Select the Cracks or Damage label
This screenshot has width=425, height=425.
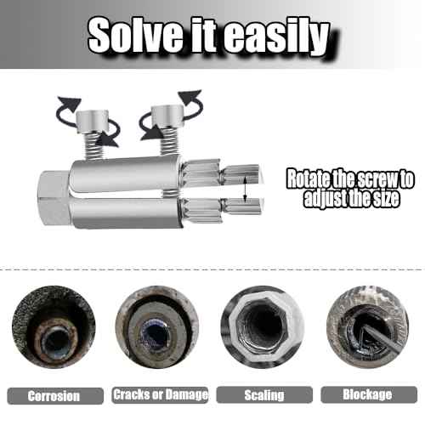tap(161, 394)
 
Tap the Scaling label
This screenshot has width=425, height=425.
tap(264, 395)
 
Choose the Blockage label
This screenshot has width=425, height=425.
tap(367, 394)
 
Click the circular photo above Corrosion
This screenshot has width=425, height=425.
tap(54, 327)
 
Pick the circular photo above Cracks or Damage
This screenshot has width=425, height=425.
tap(157, 327)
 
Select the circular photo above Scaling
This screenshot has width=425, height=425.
tap(263, 327)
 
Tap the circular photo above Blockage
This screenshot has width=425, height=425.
tap(368, 327)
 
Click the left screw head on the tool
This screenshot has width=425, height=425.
tap(93, 122)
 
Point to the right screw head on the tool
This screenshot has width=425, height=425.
tap(167, 116)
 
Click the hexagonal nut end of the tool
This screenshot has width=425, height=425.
tap(54, 198)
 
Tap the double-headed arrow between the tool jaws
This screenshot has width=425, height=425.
tap(246, 189)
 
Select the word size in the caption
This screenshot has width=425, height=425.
tap(386, 198)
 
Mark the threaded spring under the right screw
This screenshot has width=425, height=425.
tap(170, 142)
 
